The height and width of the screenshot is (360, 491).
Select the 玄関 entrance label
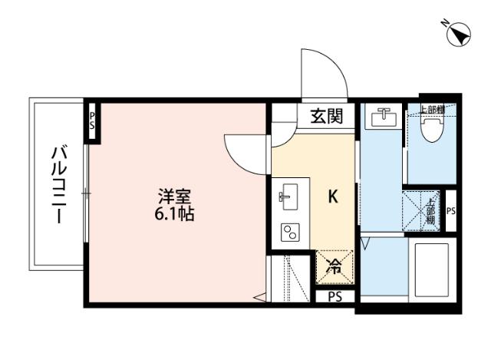click(x=326, y=117)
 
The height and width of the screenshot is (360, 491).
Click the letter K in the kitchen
click(x=334, y=197)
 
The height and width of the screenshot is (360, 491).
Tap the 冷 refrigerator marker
click(x=334, y=267)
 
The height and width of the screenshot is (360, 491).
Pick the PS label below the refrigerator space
click(x=334, y=297)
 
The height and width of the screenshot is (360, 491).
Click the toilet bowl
click(x=432, y=132)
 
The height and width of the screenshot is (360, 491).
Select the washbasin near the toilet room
click(x=381, y=117)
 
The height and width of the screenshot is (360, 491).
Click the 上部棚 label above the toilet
click(x=431, y=109)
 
